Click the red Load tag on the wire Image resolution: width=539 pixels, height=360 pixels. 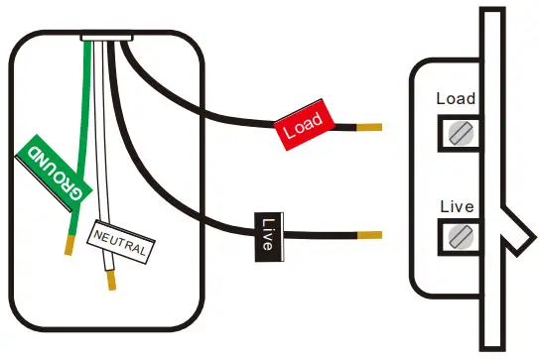pos(301,127)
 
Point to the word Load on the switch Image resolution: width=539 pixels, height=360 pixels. pos(456,99)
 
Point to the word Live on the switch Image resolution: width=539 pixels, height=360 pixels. pos(457,206)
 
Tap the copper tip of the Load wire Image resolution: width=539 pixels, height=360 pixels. pos(368,128)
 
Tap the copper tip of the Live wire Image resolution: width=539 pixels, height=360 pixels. pos(369,236)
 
